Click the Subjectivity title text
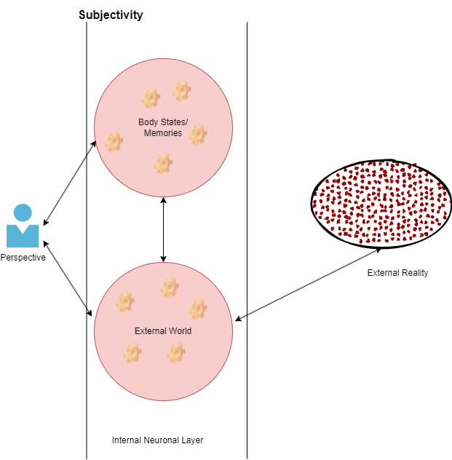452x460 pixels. click(111, 15)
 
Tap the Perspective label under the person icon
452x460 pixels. click(23, 258)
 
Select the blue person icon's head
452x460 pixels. click(23, 213)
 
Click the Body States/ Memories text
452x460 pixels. click(163, 127)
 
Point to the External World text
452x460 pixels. click(163, 331)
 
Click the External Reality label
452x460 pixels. click(397, 273)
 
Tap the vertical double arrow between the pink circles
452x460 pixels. click(163, 229)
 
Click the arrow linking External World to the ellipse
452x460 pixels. click(309, 282)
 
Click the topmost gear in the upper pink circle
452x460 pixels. click(181, 91)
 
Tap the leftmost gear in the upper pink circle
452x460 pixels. click(114, 141)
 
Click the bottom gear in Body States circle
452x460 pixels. click(163, 163)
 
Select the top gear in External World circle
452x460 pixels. click(169, 287)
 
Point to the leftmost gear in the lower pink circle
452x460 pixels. click(125, 301)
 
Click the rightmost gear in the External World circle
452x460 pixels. click(198, 309)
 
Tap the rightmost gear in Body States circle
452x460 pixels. click(198, 134)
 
